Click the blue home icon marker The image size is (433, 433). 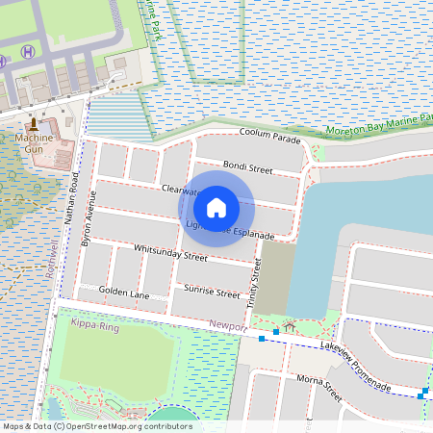(216, 207)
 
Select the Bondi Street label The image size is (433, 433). (248, 166)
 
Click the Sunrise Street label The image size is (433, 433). (212, 292)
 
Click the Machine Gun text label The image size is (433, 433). (35, 144)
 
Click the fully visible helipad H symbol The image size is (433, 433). (28, 51)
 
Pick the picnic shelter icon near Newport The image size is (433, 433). (288, 328)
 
